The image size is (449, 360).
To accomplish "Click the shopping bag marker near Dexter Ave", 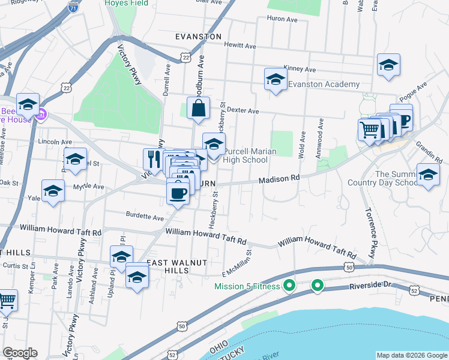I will tap(197, 109).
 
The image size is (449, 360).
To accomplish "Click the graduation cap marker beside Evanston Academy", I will tap(276, 79).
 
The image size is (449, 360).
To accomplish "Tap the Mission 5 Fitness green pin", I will tap(289, 286).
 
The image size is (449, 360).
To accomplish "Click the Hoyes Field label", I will tap(126, 3).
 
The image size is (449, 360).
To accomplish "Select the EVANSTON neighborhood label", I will tap(199, 37).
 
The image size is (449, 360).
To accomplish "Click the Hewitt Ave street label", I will tap(240, 46).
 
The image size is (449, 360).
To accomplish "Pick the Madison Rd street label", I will tap(279, 179).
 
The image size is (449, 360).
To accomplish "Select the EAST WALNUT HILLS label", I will tap(169, 266).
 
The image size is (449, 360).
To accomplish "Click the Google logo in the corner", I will tap(20, 352).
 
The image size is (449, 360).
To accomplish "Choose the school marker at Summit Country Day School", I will tap(428, 175).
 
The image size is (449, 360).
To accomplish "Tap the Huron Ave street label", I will tap(285, 19).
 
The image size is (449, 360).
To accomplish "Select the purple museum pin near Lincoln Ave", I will tap(41, 114).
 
